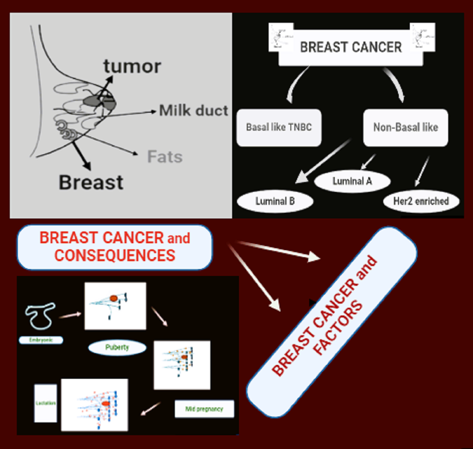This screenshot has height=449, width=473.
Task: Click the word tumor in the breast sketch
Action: pyautogui.click(x=132, y=67)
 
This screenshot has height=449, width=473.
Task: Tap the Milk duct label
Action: pyautogui.click(x=193, y=110)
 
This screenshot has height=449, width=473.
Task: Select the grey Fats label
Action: pyautogui.click(x=165, y=157)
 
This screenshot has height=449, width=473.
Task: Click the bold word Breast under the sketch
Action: pyautogui.click(x=91, y=182)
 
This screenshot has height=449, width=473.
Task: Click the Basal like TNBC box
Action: pyautogui.click(x=279, y=127)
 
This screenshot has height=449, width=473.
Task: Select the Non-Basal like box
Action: pyautogui.click(x=405, y=127)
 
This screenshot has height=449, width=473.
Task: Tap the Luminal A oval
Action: pyautogui.click(x=352, y=181)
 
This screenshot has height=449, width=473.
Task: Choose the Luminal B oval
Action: pyautogui.click(x=275, y=201)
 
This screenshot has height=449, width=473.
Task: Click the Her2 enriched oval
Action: pyautogui.click(x=421, y=201)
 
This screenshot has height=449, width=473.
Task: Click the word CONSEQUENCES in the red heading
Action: pyautogui.click(x=115, y=256)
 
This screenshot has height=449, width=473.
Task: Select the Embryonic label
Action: pyautogui.click(x=41, y=340)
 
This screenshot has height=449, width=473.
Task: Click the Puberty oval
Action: pyautogui.click(x=117, y=347)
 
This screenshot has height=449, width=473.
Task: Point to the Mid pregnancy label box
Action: pyautogui.click(x=204, y=409)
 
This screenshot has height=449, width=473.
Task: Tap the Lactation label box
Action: pyautogui.click(x=45, y=403)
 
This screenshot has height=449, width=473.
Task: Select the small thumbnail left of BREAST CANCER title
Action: pyautogui.click(x=281, y=37)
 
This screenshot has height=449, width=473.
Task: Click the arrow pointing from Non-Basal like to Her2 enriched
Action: pyautogui.click(x=422, y=171)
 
